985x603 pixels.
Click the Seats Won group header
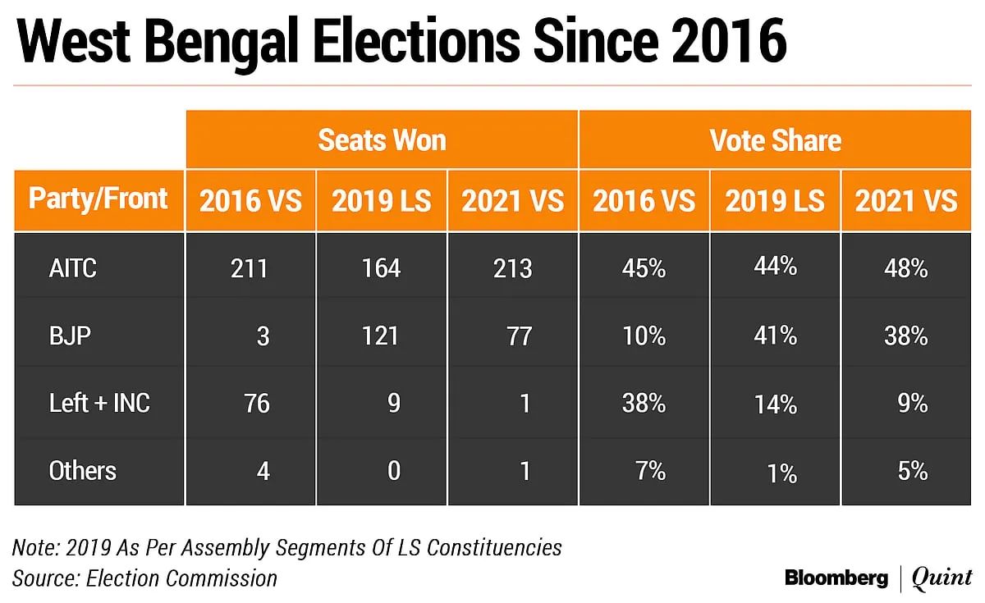382,140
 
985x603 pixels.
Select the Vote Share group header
775,140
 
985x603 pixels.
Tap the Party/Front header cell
98,199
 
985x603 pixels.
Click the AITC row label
72,268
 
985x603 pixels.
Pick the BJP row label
70,336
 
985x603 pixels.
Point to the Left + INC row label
99,403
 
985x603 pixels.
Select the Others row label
83,471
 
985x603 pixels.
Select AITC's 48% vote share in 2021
906,268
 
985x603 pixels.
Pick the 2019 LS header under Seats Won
381,201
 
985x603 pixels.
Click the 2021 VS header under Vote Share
906,201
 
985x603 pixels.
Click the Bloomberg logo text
836,578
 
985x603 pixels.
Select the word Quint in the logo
941,578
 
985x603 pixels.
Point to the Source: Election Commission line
144,578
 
